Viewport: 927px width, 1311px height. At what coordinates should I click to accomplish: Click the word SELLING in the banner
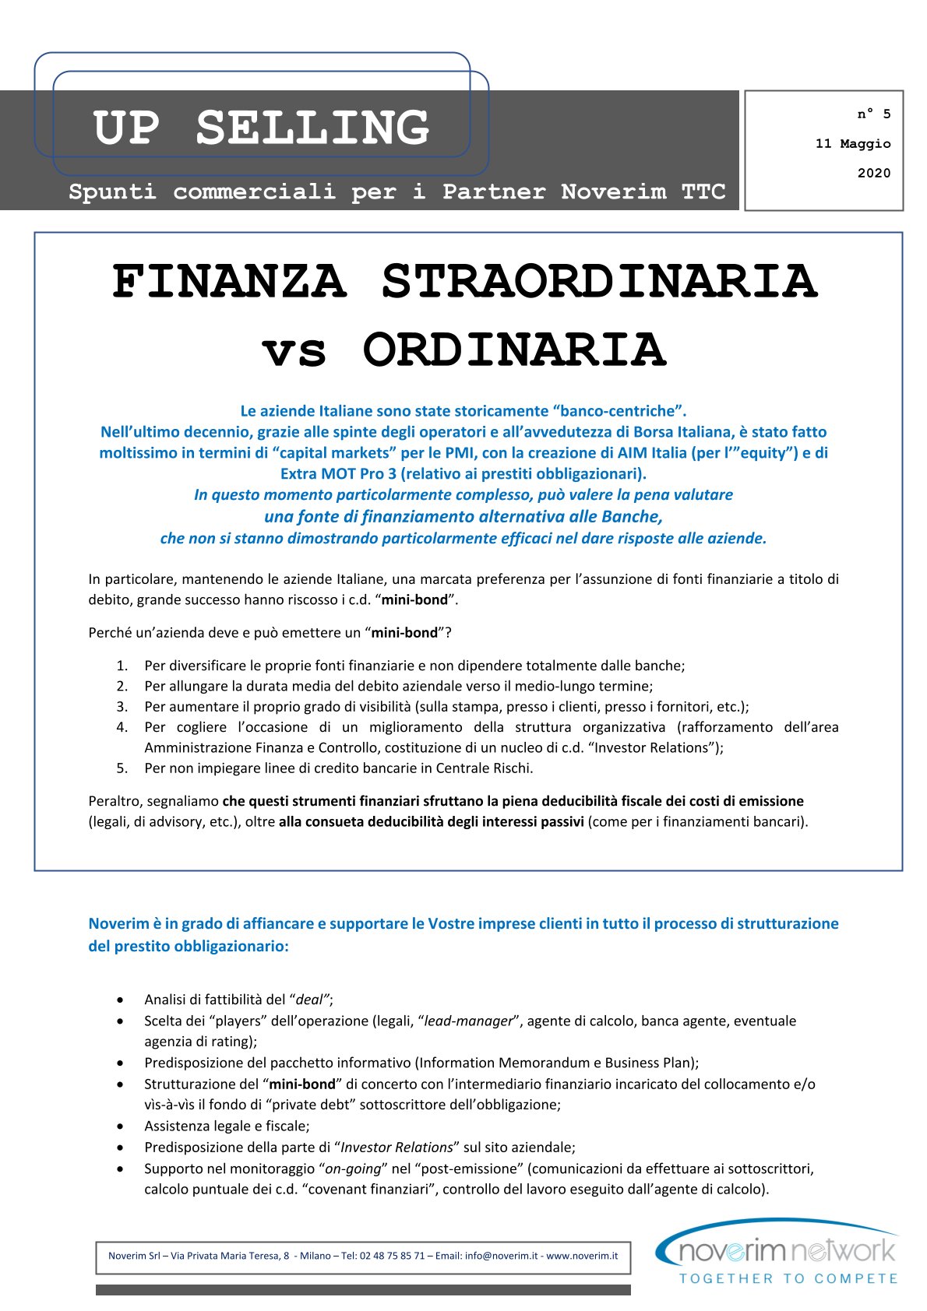(x=312, y=128)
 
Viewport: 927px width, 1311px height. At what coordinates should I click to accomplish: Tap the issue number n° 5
(x=873, y=114)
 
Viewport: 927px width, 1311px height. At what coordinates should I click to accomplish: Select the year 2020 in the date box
(x=873, y=173)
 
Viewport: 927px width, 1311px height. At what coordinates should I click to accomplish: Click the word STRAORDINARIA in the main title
(x=599, y=281)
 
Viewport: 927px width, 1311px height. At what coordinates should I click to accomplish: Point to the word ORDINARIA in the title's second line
(x=514, y=350)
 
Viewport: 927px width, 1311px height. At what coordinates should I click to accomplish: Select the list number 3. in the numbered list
(x=122, y=707)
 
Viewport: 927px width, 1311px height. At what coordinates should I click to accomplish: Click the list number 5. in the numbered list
(x=122, y=768)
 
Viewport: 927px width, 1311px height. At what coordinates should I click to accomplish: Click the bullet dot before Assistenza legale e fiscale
(x=120, y=1126)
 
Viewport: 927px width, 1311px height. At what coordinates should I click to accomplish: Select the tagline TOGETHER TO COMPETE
(x=788, y=1278)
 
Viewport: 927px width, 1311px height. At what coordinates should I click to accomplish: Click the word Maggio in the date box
(x=865, y=144)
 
